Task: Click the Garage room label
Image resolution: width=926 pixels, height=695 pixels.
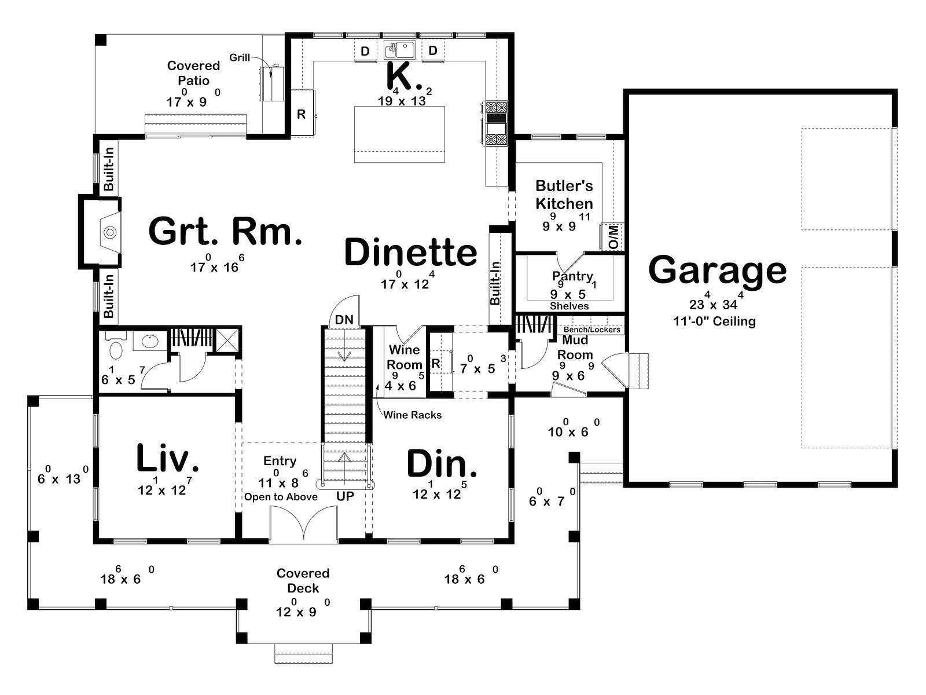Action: click(717, 270)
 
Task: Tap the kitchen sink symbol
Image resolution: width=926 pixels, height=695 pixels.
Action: click(399, 50)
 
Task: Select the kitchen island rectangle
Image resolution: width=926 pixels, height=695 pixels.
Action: click(399, 134)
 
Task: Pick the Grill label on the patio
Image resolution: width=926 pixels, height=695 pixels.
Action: click(240, 57)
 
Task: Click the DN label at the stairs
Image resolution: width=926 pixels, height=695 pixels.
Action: click(344, 320)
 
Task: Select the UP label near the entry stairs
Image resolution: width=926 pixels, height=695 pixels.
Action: click(345, 496)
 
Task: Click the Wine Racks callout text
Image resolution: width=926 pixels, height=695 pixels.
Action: click(412, 415)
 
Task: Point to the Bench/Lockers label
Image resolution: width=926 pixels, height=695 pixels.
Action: click(592, 329)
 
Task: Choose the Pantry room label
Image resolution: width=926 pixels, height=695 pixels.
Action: click(572, 276)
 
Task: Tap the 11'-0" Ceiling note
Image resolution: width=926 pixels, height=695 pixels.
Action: click(714, 321)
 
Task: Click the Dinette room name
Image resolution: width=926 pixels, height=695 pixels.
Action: click(410, 252)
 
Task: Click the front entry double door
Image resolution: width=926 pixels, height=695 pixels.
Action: click(304, 524)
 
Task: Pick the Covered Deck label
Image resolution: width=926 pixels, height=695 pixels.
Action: click(303, 580)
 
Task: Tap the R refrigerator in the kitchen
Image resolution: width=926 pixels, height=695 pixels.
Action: click(301, 114)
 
